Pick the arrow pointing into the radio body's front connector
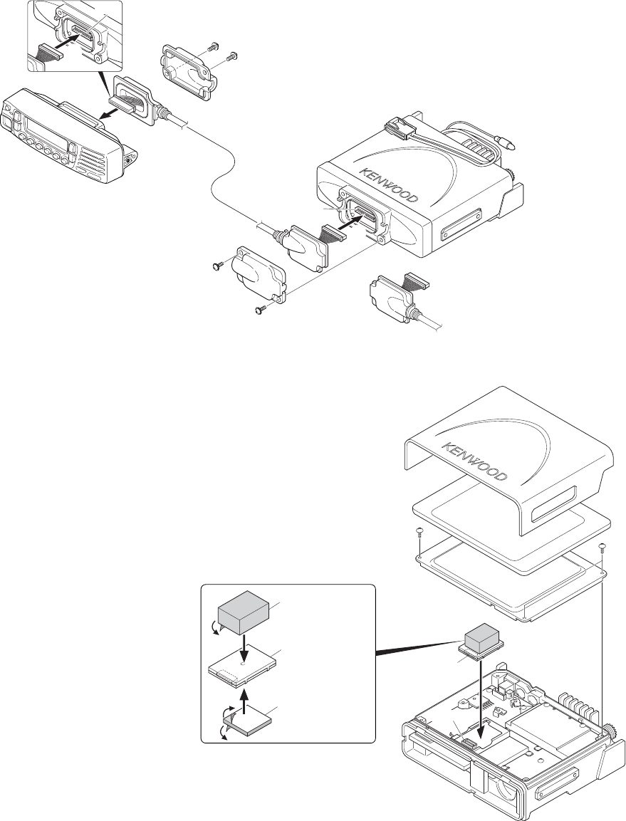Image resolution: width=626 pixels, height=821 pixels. pyautogui.click(x=344, y=222)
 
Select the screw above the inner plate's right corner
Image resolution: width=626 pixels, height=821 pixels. pyautogui.click(x=603, y=548)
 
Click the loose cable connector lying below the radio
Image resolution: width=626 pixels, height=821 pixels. pyautogui.click(x=391, y=294)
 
